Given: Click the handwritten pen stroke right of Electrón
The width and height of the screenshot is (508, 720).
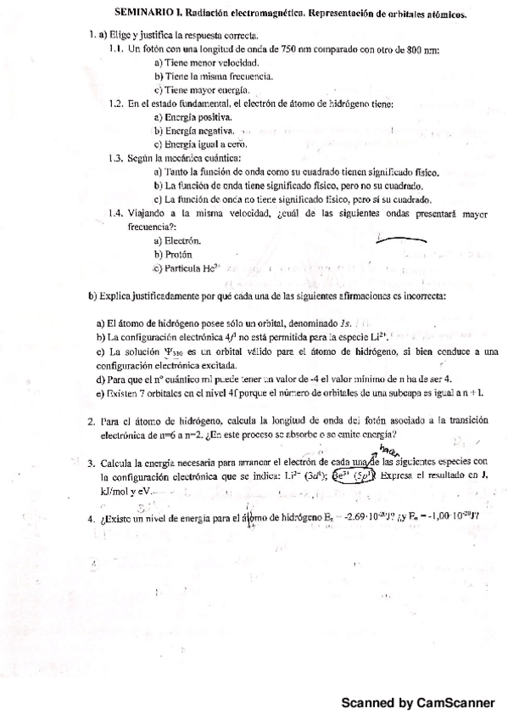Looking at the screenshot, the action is (x=399, y=241).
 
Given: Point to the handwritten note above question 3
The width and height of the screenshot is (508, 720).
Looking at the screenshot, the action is (x=390, y=449).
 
